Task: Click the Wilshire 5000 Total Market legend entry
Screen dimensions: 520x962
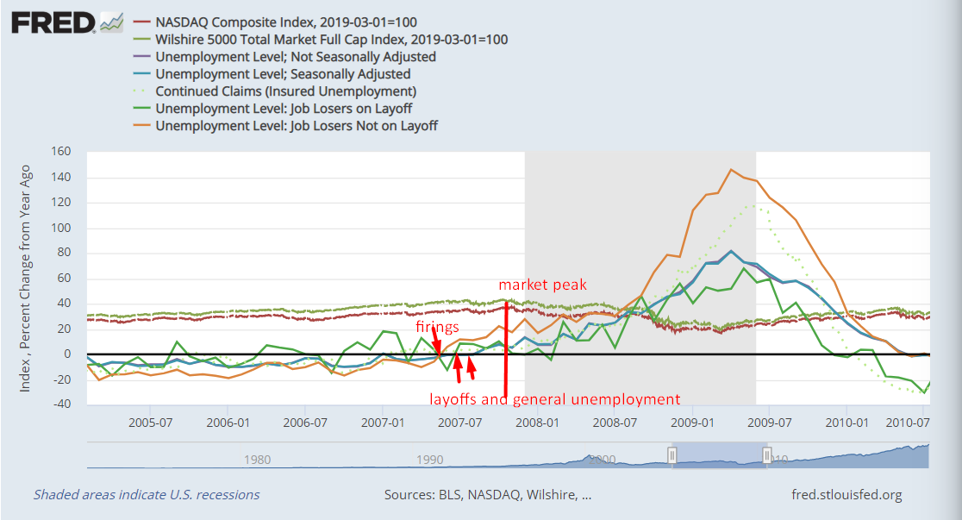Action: [331, 39]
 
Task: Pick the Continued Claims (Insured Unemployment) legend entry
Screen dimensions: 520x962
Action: [285, 91]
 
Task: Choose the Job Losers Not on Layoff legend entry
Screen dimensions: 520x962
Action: [297, 125]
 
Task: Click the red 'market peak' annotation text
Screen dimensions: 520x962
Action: [543, 285]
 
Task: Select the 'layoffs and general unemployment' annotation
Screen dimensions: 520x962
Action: [555, 399]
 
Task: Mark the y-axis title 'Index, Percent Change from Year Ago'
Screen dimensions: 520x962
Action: [26, 279]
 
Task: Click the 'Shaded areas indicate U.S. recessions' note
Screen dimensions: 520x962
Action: [147, 495]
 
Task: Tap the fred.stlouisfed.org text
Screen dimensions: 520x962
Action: [846, 495]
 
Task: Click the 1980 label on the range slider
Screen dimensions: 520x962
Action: [257, 460]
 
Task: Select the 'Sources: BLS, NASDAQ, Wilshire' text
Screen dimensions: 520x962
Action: [488, 495]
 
